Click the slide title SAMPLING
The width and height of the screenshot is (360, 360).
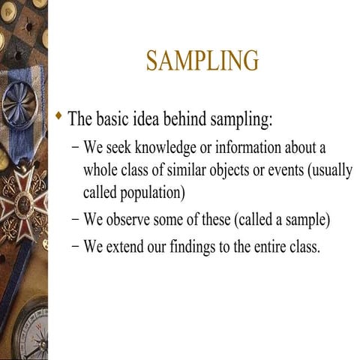point(202,61)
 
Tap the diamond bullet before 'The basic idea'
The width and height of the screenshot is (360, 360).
point(59,116)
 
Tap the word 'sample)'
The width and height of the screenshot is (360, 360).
point(309,220)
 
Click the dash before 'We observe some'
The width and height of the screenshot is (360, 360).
point(76,220)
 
